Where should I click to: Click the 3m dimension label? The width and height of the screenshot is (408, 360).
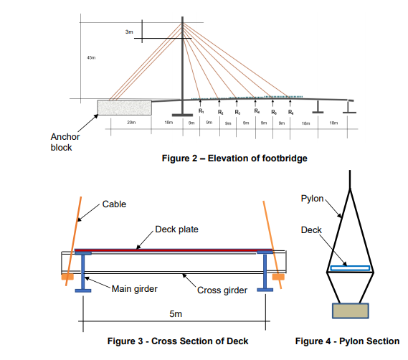(x=129, y=33)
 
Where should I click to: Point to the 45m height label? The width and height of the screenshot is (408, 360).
(x=90, y=58)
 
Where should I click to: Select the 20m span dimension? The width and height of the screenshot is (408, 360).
(x=131, y=123)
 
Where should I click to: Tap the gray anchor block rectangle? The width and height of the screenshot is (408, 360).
(x=124, y=107)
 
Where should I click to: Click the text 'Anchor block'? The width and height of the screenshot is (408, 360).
(x=65, y=142)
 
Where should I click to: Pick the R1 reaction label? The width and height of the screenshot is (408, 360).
(x=201, y=113)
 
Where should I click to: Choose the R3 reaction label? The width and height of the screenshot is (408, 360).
(x=238, y=113)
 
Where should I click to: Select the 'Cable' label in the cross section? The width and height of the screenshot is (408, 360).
(x=114, y=204)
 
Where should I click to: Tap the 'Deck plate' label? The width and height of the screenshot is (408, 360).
(x=176, y=229)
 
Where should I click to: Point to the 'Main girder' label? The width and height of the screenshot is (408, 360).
(x=135, y=289)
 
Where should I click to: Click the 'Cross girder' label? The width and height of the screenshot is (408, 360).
(x=222, y=290)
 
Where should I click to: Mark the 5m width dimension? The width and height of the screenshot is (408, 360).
(x=175, y=313)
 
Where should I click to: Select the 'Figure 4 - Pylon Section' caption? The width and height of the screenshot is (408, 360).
(x=347, y=341)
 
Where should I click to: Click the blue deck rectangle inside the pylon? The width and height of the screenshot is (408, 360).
(x=350, y=268)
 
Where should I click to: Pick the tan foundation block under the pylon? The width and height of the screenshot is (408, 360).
(x=350, y=311)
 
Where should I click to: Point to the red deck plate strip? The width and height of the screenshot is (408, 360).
(x=172, y=250)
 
